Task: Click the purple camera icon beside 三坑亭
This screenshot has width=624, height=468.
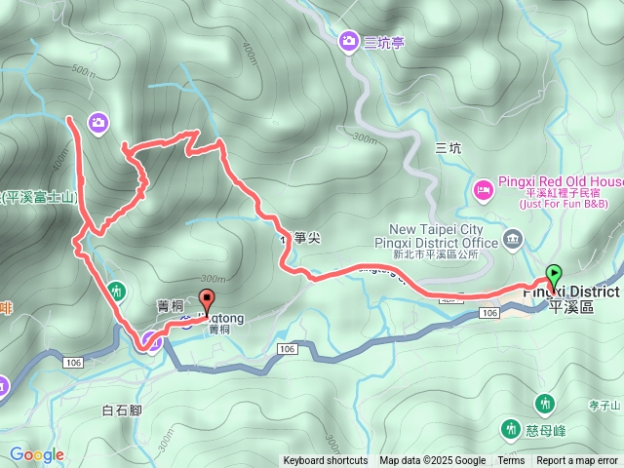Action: (348, 41)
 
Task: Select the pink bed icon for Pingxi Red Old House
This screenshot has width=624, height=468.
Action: (483, 187)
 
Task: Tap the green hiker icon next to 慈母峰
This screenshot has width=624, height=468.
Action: (510, 428)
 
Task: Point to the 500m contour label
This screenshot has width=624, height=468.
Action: (83, 72)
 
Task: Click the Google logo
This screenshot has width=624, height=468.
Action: (37, 454)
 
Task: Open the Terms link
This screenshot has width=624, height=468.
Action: (511, 461)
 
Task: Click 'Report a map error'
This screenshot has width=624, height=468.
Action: (577, 461)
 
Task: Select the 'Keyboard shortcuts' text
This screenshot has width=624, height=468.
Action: (326, 461)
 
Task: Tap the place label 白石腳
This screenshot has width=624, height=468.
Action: (122, 410)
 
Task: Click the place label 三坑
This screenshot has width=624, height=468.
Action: (448, 148)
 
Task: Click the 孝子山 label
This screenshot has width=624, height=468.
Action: (605, 405)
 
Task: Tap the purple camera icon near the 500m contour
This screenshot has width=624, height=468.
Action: (97, 122)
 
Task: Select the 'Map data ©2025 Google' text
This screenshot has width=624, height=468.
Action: (432, 461)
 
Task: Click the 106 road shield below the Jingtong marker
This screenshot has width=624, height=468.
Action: (286, 348)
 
